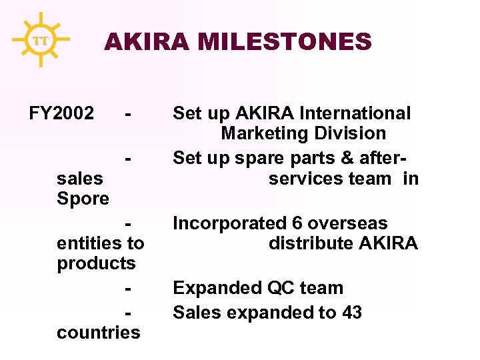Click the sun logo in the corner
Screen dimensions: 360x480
(40, 40)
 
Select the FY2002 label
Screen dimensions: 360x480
(61, 113)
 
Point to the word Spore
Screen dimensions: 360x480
(83, 199)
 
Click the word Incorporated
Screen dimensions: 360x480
(229, 223)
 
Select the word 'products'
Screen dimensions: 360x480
(96, 264)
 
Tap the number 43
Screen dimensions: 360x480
(351, 312)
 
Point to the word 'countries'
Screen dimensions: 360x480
(99, 332)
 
